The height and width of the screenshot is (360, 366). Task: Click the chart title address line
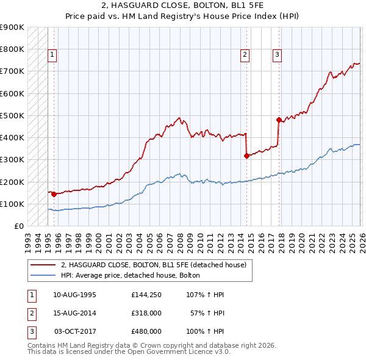pos(182,5)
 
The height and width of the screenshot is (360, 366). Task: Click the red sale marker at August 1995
pos(54,194)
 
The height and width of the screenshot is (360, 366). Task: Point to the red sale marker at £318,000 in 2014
pos(246,156)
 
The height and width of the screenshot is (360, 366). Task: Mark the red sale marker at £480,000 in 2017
pos(279,120)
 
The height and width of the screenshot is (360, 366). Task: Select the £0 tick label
pos(18,226)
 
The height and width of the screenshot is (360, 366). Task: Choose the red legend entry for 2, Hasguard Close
pos(153,265)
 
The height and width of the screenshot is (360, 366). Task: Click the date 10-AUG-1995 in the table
pos(74,295)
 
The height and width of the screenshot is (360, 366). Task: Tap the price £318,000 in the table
pos(146,313)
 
